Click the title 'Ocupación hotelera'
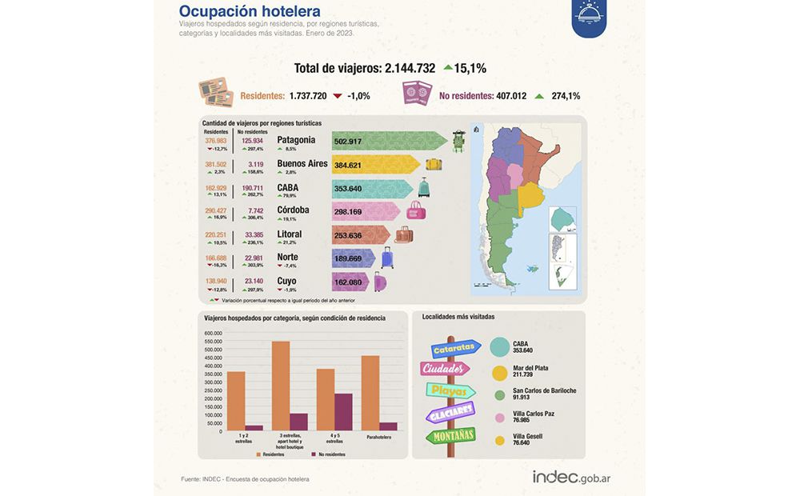pos(250,11)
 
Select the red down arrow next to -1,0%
pos(338,96)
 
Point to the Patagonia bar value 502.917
pos(349,142)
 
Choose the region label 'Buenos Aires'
pos(302,164)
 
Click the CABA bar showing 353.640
pos(349,189)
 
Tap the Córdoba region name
pos(293,210)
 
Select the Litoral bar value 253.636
pos(349,235)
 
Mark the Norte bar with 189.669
pos(349,258)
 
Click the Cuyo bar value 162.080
pos(349,282)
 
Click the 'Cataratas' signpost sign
pos(455,349)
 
